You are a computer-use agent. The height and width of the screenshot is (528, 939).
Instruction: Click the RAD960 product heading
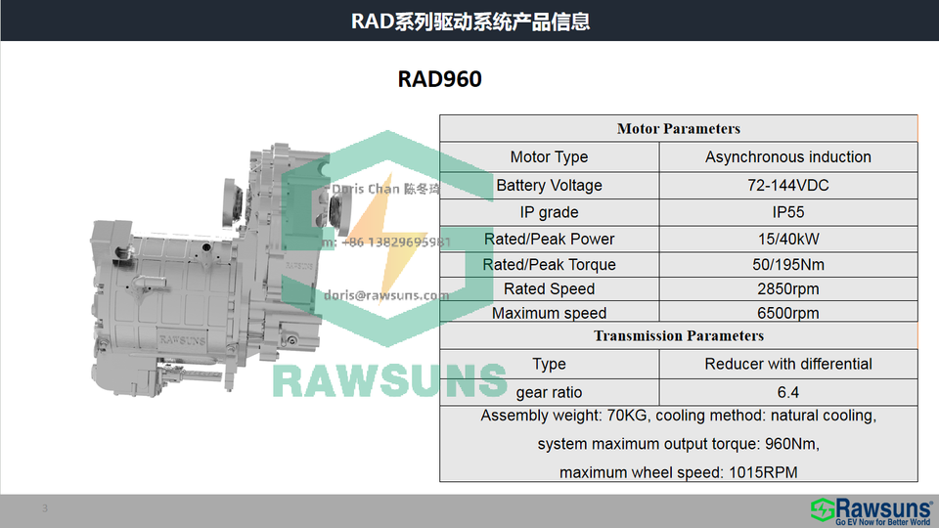(x=439, y=79)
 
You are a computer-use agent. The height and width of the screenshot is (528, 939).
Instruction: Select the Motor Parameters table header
(x=678, y=129)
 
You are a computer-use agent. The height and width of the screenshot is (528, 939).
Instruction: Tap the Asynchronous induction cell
(x=787, y=157)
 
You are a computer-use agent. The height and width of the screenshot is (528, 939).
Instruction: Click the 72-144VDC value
(x=787, y=186)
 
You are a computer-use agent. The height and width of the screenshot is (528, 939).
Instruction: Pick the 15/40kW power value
(x=787, y=240)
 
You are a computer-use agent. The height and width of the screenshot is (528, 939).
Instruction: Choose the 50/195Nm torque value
(x=787, y=265)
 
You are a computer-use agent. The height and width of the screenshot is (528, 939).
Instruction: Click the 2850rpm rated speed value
(x=787, y=289)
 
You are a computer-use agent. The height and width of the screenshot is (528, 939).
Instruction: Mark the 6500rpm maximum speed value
(x=787, y=314)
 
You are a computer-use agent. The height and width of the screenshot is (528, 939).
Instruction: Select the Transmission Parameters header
(x=678, y=336)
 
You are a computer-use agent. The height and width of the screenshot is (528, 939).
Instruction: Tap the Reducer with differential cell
(x=787, y=365)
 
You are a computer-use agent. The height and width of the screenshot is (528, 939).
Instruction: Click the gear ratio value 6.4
(x=787, y=393)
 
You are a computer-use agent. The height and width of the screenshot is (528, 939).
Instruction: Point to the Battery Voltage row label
(x=549, y=186)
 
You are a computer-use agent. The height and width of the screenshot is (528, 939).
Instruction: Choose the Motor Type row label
(x=549, y=157)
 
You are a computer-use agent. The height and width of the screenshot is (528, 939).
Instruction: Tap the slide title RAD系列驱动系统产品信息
(x=469, y=22)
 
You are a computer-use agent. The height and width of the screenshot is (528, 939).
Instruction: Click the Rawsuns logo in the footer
(x=870, y=509)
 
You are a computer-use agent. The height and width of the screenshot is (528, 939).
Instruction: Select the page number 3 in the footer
(x=44, y=508)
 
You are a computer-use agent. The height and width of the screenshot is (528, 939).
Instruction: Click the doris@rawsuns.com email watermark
(x=385, y=294)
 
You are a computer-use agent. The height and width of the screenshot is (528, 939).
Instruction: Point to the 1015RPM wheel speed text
(x=763, y=473)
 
